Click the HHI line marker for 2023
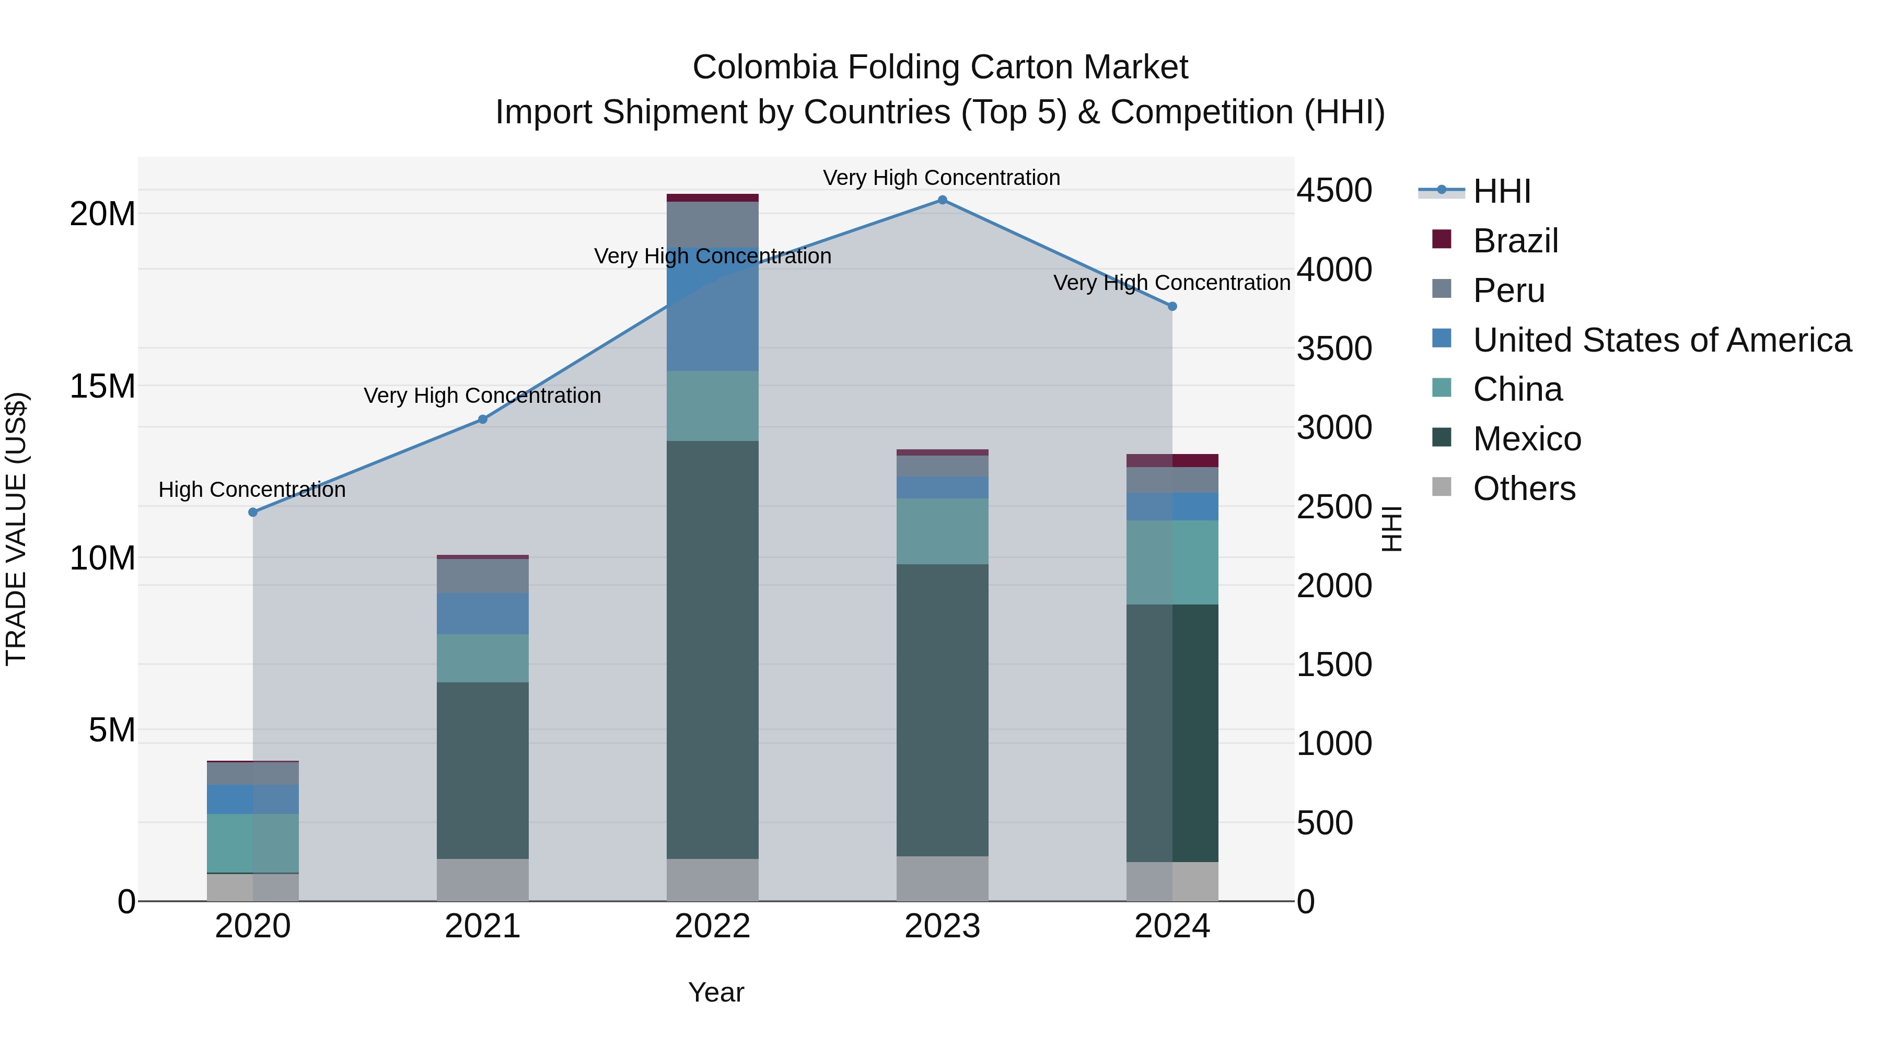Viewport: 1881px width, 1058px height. click(x=942, y=200)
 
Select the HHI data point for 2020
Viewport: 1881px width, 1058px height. click(x=253, y=513)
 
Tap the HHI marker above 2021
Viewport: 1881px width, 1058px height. click(x=483, y=420)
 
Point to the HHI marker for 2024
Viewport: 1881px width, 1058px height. click(x=1172, y=307)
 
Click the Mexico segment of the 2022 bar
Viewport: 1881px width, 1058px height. click(x=712, y=650)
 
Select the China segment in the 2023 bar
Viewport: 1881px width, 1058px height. click(x=942, y=531)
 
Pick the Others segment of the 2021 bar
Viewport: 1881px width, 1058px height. click(x=483, y=880)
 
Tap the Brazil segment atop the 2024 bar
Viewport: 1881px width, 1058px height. click(x=1172, y=461)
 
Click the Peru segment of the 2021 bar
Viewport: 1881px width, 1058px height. click(x=483, y=576)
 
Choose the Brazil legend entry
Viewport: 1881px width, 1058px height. click(x=1515, y=241)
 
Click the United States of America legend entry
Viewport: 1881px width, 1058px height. click(x=1661, y=340)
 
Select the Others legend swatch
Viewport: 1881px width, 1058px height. click(x=1442, y=487)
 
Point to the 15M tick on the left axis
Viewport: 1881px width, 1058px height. click(x=102, y=387)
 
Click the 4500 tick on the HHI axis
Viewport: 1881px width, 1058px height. click(x=1334, y=191)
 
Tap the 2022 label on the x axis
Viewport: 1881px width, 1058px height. click(x=712, y=926)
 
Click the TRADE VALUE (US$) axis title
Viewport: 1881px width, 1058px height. click(x=16, y=529)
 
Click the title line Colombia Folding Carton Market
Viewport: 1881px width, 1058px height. click(x=940, y=67)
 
